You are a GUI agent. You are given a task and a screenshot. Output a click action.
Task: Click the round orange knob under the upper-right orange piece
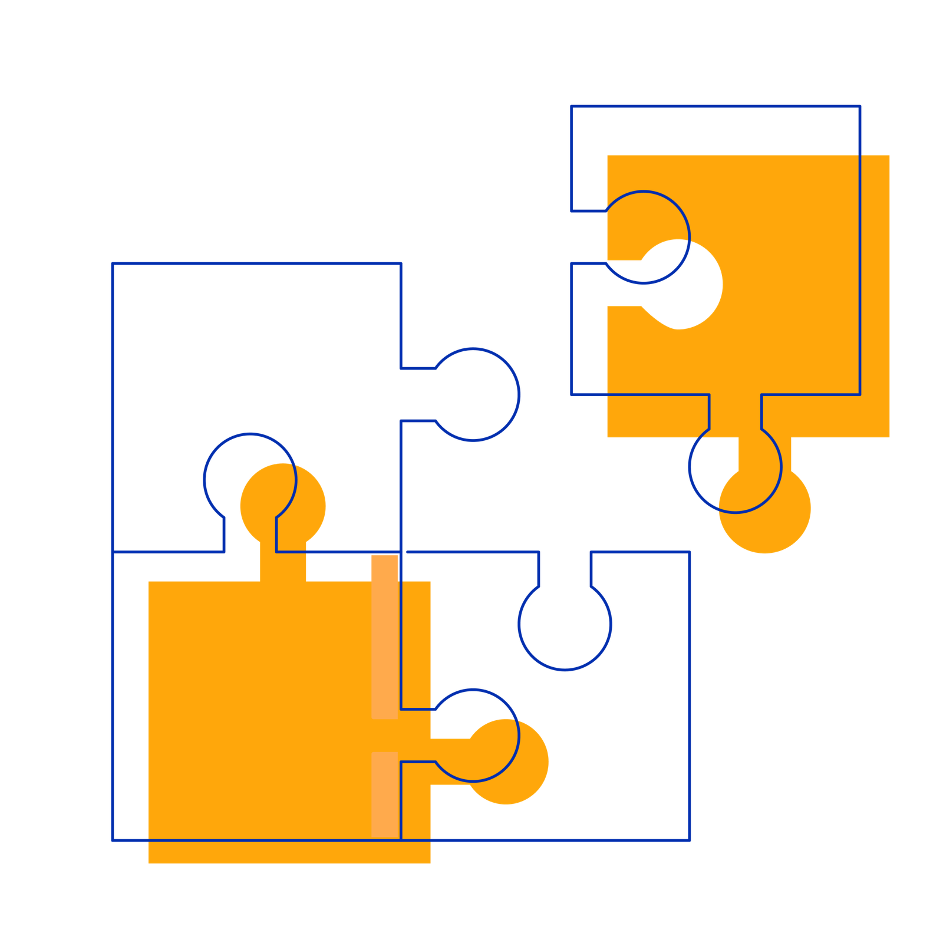click(x=764, y=508)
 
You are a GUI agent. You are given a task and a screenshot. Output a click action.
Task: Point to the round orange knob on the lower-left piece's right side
click(x=507, y=761)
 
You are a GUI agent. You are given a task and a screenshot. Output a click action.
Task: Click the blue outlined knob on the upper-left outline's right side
click(x=474, y=394)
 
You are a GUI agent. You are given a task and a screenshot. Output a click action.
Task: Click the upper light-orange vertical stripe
click(x=385, y=637)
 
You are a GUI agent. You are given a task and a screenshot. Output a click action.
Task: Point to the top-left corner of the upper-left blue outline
click(x=112, y=263)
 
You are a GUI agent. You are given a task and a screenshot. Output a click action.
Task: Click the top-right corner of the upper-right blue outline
click(x=860, y=107)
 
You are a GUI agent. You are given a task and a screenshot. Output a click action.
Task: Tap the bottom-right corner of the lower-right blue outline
click(x=690, y=840)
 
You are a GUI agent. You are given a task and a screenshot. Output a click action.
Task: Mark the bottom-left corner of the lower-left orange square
click(x=148, y=863)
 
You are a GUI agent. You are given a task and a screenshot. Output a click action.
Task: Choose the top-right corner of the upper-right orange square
click(x=889, y=155)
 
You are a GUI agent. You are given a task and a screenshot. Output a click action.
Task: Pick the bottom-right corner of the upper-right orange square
click(x=889, y=437)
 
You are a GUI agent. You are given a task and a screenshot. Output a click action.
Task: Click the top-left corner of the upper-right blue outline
click(x=572, y=107)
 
